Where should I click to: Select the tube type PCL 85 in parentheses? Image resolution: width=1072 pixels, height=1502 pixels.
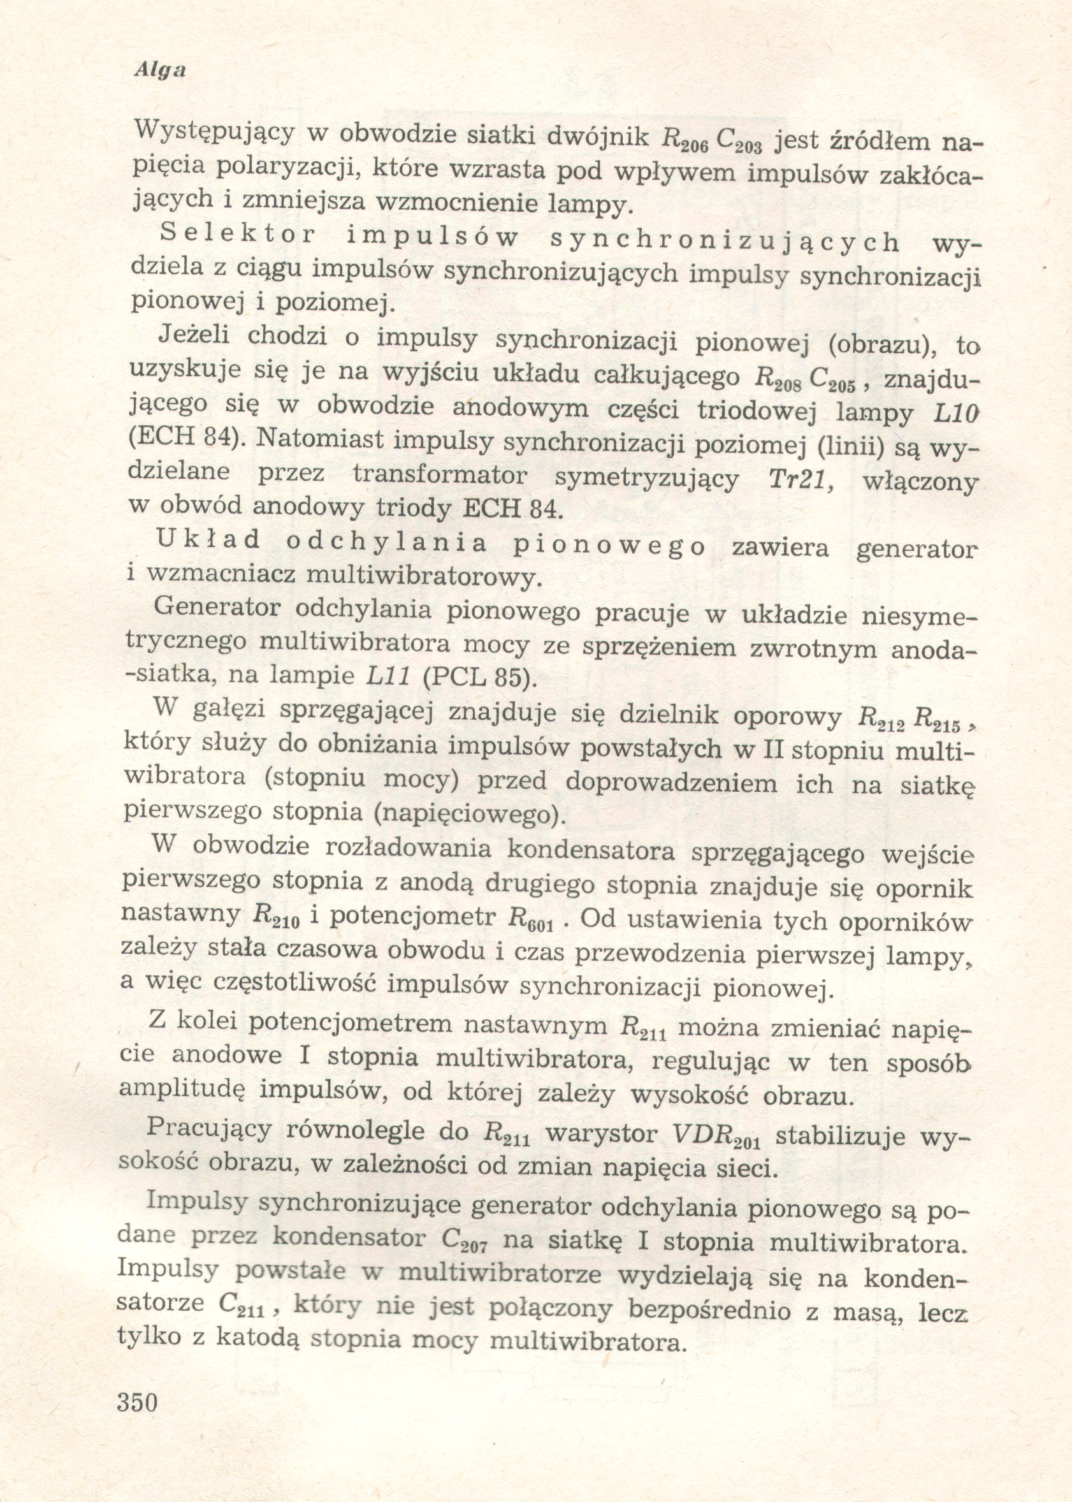point(472,676)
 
